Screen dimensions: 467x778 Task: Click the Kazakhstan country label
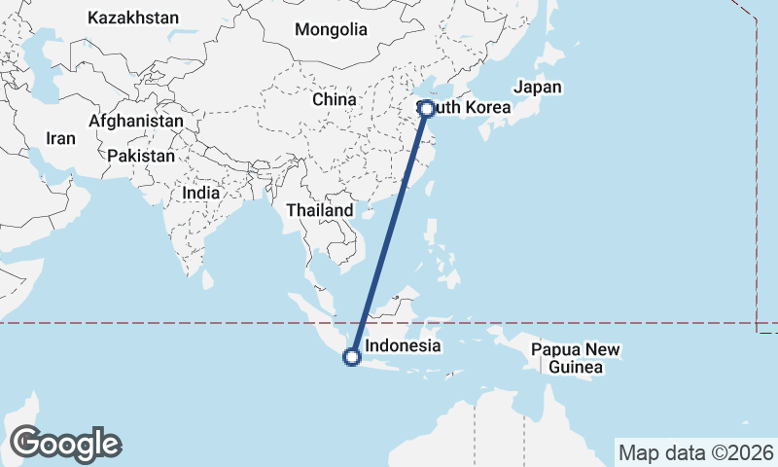(x=133, y=18)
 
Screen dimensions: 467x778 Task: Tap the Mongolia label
(x=331, y=29)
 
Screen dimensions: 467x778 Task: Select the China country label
(x=335, y=99)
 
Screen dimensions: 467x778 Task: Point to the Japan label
(x=538, y=87)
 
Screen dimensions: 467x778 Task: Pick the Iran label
(x=59, y=138)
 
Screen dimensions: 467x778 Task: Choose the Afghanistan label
(x=135, y=121)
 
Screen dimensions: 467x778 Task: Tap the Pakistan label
(x=141, y=156)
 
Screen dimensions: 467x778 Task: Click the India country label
(x=200, y=193)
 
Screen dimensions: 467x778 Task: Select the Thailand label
(x=320, y=210)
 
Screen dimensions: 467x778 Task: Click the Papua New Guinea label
(x=576, y=359)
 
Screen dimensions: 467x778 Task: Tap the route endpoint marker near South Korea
(x=427, y=109)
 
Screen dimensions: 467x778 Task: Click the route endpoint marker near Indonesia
(x=352, y=358)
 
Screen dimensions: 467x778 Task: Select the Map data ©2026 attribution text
(x=695, y=452)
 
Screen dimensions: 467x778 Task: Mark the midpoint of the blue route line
(x=389, y=233)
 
